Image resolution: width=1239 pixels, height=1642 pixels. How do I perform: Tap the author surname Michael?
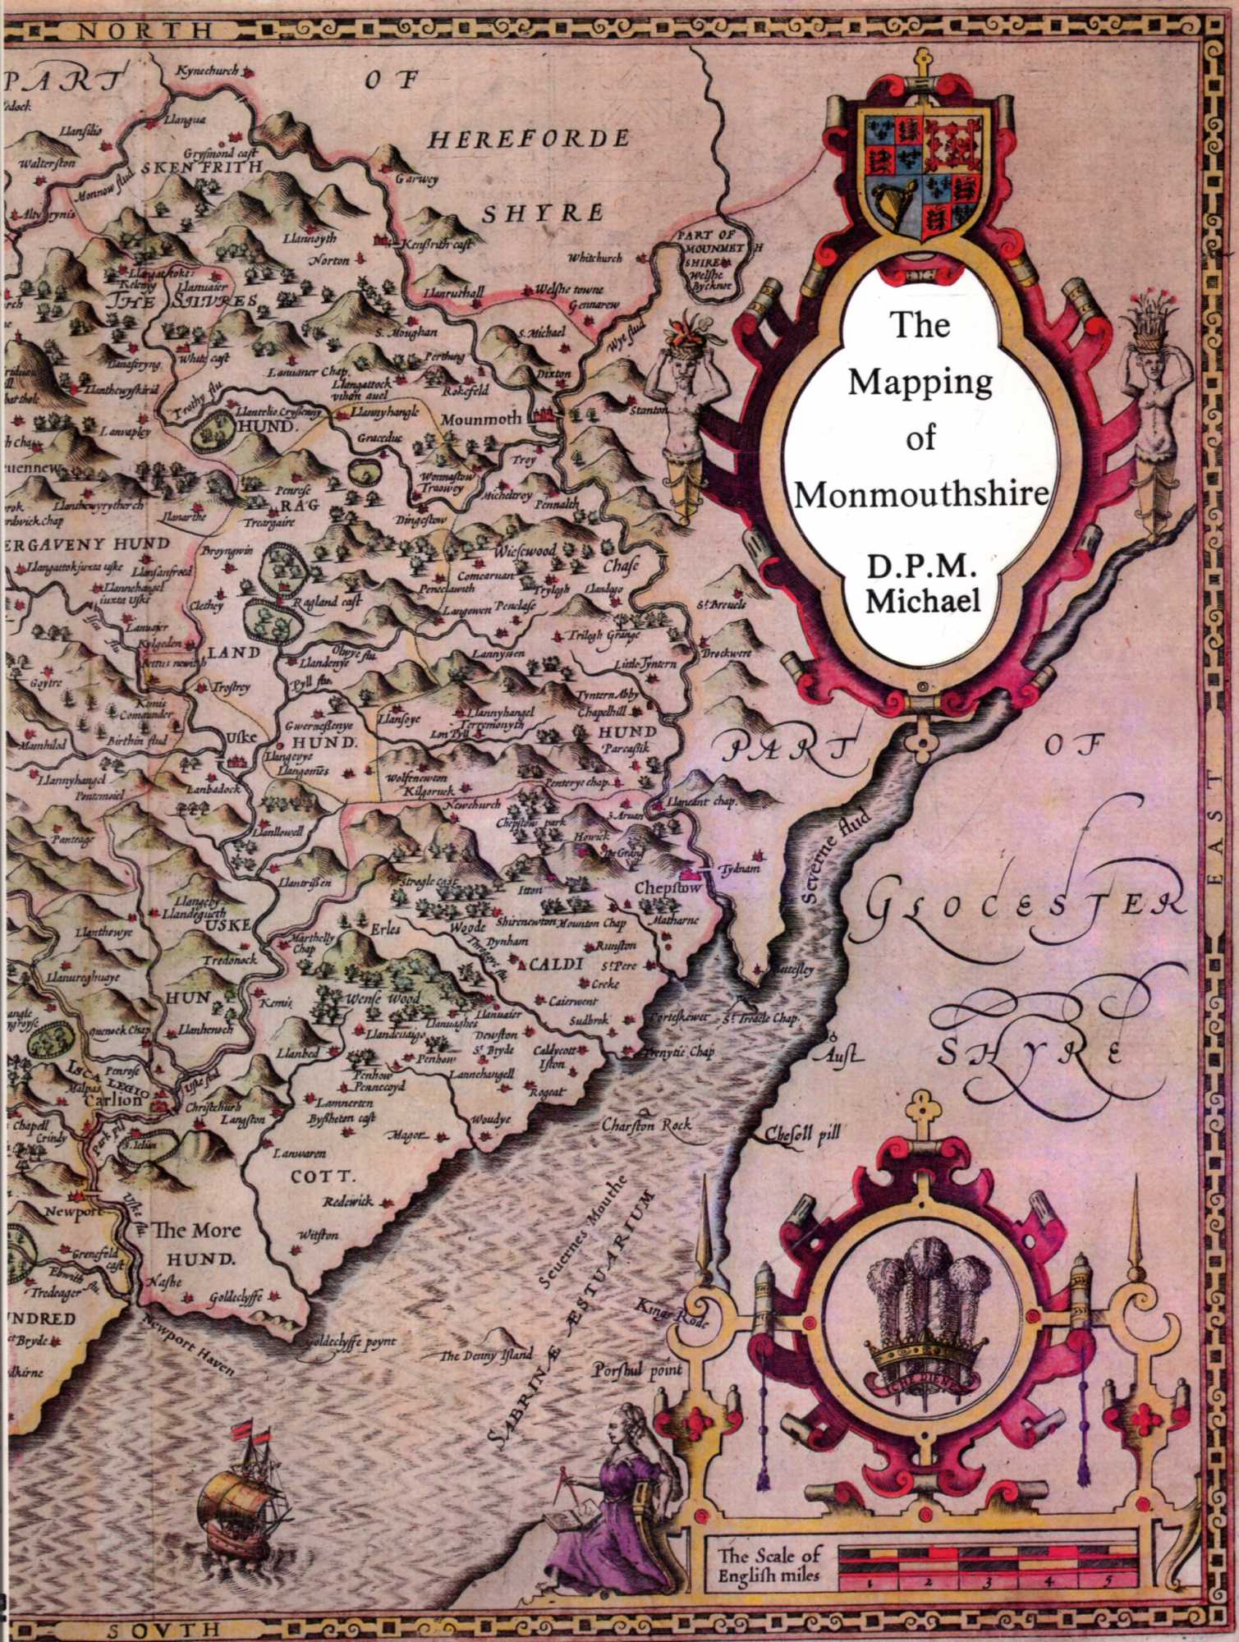click(x=925, y=600)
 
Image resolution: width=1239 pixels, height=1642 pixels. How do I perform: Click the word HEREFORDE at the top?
click(x=530, y=137)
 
